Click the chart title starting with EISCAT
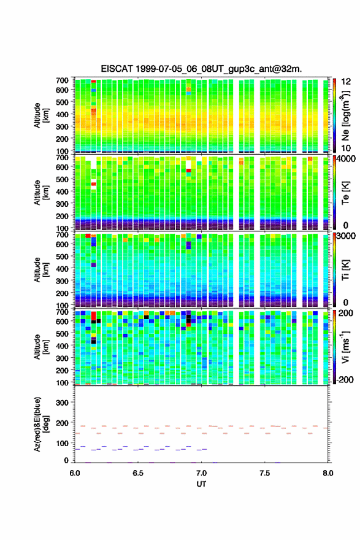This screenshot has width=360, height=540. pos(201,69)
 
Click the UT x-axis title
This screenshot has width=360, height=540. pos(201,484)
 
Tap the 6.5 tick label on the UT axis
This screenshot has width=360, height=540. pos(138,472)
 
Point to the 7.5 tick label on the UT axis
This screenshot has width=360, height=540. pos(265,472)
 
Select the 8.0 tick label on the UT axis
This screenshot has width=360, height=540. pos(328,472)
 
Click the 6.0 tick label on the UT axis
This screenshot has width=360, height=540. pos(75,472)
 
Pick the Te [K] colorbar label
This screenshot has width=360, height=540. pos(345,193)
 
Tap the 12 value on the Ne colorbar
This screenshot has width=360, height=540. pos(346,82)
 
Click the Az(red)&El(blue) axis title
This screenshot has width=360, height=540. pos(41,424)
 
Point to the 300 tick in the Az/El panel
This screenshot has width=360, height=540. pos(62,403)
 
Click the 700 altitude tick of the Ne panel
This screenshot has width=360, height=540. pos(62,80)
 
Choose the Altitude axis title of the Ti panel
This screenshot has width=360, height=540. pos(41,269)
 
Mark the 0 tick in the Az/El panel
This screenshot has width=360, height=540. pos(66,460)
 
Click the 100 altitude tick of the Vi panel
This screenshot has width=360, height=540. pos(62,382)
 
